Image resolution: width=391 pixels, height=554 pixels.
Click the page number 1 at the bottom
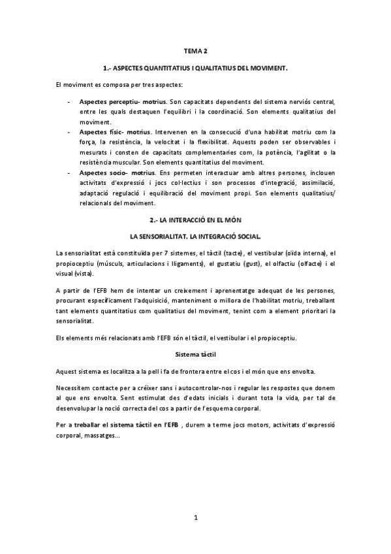click(195, 519)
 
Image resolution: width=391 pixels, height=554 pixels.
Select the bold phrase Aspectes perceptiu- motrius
click(122, 103)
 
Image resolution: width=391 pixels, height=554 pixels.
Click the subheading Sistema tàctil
click(195, 354)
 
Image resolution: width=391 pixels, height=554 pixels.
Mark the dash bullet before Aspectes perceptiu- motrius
click(70, 103)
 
